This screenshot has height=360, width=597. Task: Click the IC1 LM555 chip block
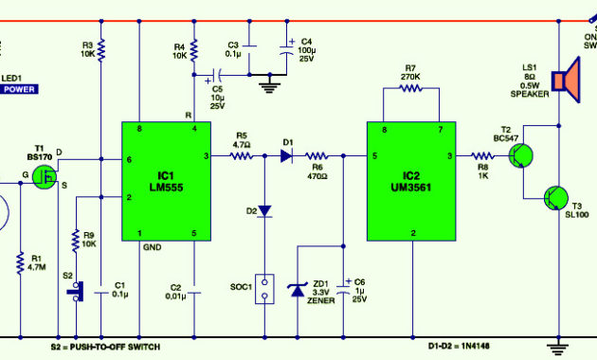(x=167, y=181)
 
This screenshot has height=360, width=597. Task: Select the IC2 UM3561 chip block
(x=412, y=181)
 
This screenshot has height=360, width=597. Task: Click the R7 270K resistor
(x=411, y=88)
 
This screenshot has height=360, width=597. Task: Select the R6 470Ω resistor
(x=317, y=155)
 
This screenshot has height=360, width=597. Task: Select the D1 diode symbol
(x=286, y=155)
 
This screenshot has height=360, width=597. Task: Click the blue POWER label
(x=18, y=89)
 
